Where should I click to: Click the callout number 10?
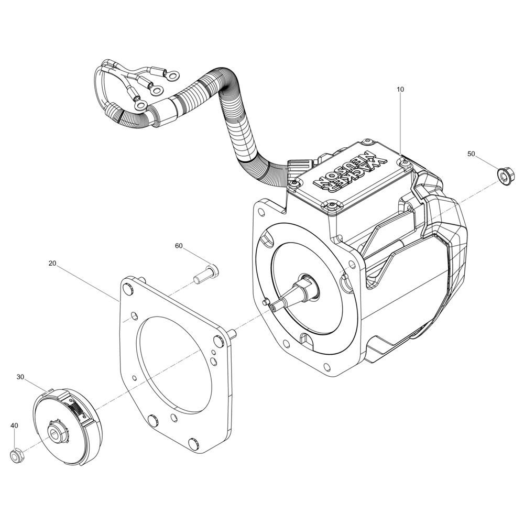pyautogui.click(x=400, y=89)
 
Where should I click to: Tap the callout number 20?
pyautogui.click(x=52, y=264)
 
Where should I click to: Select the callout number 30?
pyautogui.click(x=20, y=377)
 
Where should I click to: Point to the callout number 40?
pyautogui.click(x=14, y=425)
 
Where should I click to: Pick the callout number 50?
pyautogui.click(x=471, y=154)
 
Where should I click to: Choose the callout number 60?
pyautogui.click(x=179, y=246)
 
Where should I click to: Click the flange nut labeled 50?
pyautogui.click(x=506, y=176)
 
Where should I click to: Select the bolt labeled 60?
pyautogui.click(x=205, y=274)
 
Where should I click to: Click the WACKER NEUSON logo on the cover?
pyautogui.click(x=351, y=174)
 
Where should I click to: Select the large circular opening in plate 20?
pyautogui.click(x=175, y=365)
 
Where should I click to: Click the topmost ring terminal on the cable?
pyautogui.click(x=172, y=76)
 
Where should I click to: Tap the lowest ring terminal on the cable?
pyautogui.click(x=140, y=106)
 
